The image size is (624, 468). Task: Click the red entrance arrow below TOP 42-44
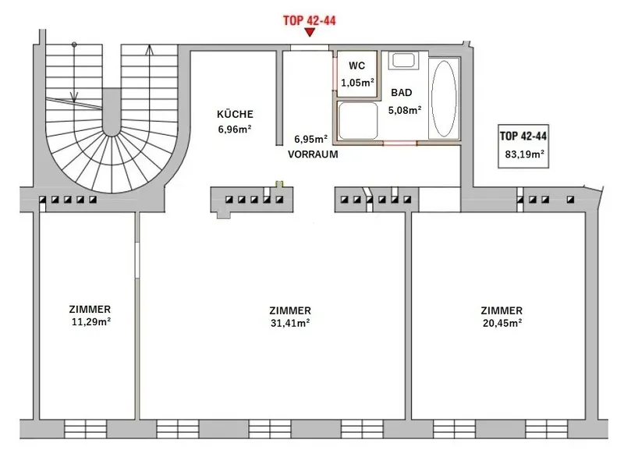pos(309,33)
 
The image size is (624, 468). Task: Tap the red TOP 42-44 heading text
pos(309,20)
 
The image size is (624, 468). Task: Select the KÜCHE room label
pos(235,114)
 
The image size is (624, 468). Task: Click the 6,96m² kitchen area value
pos(235,129)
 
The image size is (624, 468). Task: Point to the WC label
pos(356,66)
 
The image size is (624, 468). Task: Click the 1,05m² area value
pos(357,83)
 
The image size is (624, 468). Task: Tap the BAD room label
pos(401,93)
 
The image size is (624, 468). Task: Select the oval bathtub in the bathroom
pos(444,99)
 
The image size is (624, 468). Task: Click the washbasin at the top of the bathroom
pos(403,61)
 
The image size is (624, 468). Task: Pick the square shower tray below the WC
pos(357,120)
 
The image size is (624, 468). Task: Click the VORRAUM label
pos(313,154)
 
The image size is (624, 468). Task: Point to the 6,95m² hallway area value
pos(310,140)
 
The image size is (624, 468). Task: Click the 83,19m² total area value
pos(524,154)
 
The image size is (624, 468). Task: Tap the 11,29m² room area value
pos(91,322)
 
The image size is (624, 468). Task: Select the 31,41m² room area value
pos(290,323)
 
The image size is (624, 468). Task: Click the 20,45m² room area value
pos(502,323)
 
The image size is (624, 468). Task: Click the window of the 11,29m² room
pos(85,429)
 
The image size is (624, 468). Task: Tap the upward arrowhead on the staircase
pos(149,49)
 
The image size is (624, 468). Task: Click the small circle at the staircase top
pos(74,44)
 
